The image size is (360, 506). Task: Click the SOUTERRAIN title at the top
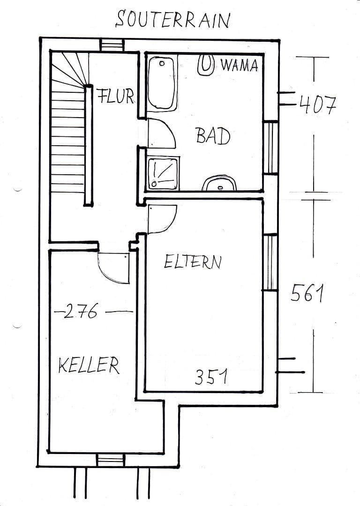173,20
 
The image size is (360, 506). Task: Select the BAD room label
213,136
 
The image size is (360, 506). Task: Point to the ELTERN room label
192,261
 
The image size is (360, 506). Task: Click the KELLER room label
89,365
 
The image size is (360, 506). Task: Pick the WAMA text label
239,66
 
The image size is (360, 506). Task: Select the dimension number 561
307,294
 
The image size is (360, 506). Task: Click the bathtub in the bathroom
162,83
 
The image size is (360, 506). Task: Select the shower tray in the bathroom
163,173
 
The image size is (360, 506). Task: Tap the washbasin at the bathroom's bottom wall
220,183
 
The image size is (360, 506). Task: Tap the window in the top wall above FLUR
112,45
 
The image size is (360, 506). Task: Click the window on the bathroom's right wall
270,148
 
